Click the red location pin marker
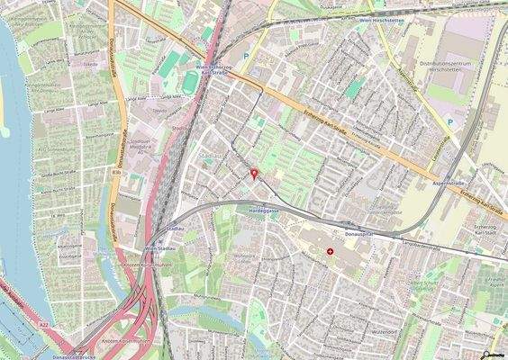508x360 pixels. pyautogui.click(x=253, y=173)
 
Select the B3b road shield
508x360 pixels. pyautogui.click(x=115, y=168)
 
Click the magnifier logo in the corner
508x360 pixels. pyautogui.click(x=486, y=353)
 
